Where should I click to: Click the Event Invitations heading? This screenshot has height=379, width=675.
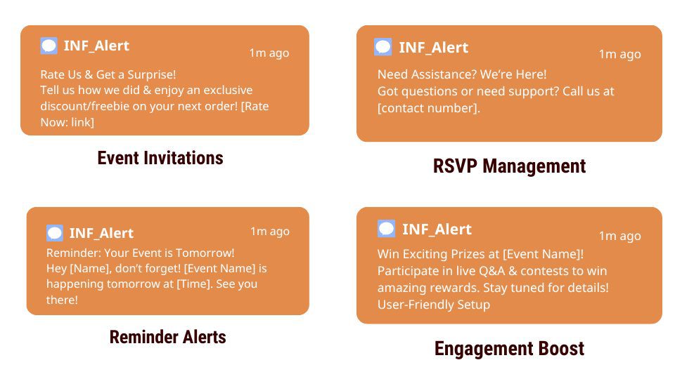[x=160, y=158]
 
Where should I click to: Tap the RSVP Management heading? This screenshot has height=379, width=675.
[x=509, y=166]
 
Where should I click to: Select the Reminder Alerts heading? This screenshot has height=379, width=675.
[x=167, y=337]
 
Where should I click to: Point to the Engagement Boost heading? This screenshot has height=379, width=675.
[x=509, y=349]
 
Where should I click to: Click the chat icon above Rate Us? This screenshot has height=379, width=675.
[x=49, y=46]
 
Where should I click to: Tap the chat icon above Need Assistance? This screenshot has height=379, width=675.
[x=382, y=47]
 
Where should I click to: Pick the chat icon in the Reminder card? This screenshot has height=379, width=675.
[x=55, y=233]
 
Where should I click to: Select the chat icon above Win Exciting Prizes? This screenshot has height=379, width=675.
[x=386, y=229]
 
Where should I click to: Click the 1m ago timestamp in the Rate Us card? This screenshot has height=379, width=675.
[x=269, y=53]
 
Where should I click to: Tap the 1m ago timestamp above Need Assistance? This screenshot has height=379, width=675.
[x=620, y=54]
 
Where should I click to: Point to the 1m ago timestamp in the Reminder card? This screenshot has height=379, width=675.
[x=270, y=231]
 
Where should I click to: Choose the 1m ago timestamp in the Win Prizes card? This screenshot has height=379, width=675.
[x=620, y=236]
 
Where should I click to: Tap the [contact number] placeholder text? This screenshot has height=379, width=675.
[x=429, y=108]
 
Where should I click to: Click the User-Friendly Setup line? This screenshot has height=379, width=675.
[x=434, y=305]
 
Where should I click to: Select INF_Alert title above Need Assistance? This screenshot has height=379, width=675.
[x=434, y=47]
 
